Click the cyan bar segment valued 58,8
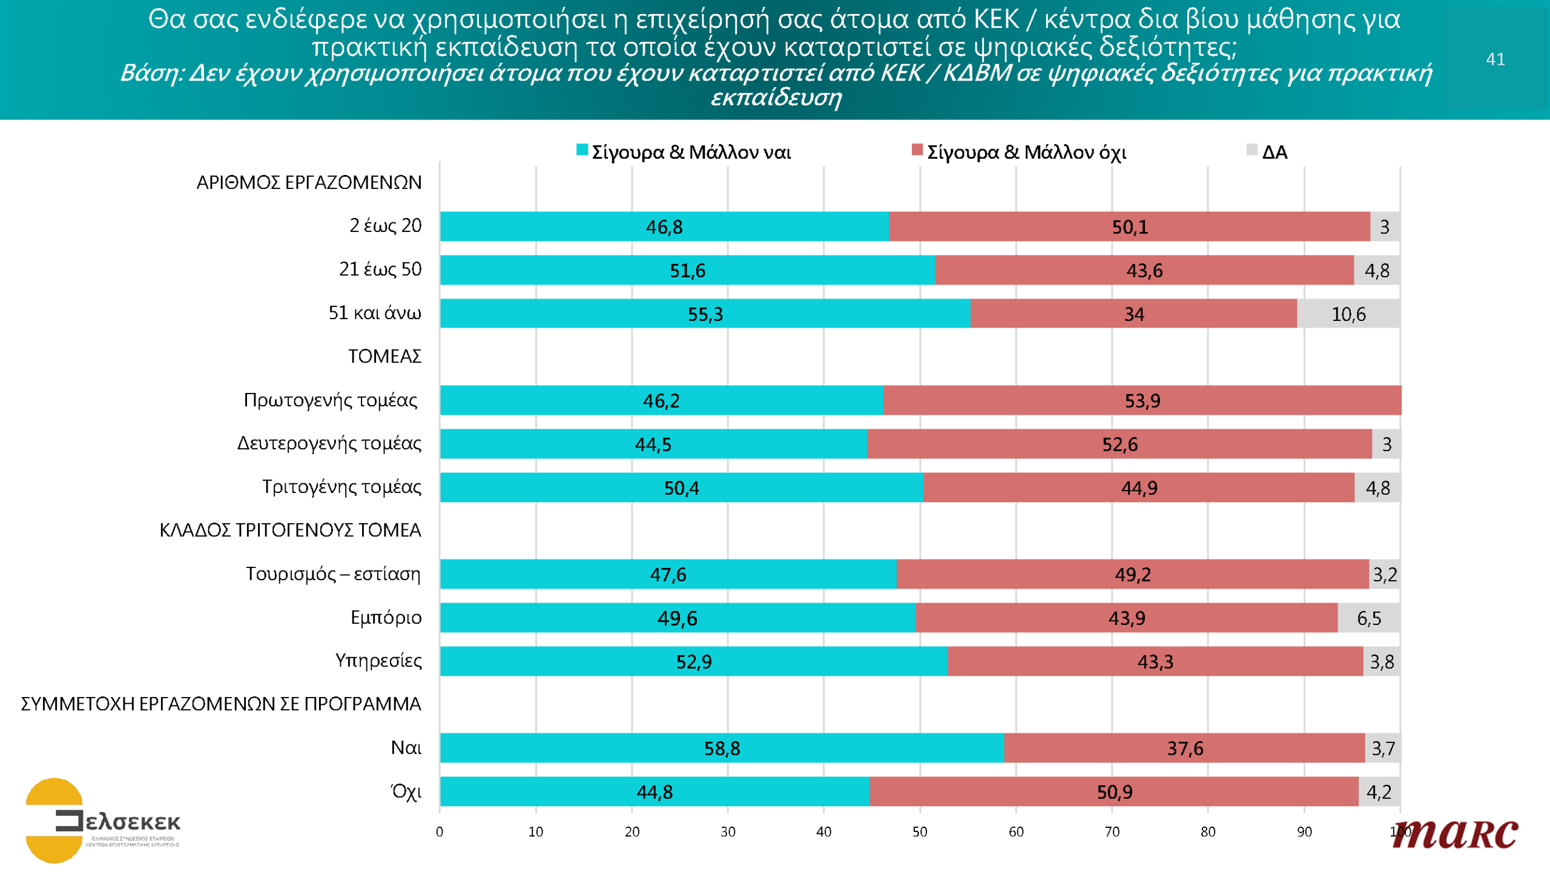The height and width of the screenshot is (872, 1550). pos(722,748)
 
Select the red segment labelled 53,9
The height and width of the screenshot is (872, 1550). pos(1142,400)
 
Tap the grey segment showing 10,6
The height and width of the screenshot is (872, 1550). pos(1348,314)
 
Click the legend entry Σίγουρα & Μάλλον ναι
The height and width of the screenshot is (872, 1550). pos(684,151)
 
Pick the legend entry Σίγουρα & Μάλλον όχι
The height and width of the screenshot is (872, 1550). pos(1020,151)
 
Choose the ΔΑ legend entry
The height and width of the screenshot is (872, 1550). pos(1268,151)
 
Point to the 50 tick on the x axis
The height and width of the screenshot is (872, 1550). pos(920,832)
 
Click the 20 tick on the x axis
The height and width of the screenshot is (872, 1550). pos(632,832)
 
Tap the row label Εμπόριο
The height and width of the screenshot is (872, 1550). pos(386,618)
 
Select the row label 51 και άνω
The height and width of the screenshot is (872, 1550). pos(375,313)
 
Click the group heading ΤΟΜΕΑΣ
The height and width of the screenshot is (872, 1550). pos(384,356)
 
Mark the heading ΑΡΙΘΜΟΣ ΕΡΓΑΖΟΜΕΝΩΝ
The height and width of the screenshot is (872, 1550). pos(309,182)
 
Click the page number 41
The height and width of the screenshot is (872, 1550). pos(1495,59)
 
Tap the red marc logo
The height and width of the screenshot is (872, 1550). pos(1456,834)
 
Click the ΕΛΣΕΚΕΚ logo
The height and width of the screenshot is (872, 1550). pos(103,821)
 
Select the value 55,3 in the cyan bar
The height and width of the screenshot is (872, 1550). pos(705,314)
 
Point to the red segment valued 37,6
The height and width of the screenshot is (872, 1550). pos(1185,748)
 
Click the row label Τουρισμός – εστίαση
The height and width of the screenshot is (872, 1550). pos(333,573)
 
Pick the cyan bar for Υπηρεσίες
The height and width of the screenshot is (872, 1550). pos(694,661)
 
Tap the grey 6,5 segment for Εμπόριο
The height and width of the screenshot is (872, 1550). pos(1368,618)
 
